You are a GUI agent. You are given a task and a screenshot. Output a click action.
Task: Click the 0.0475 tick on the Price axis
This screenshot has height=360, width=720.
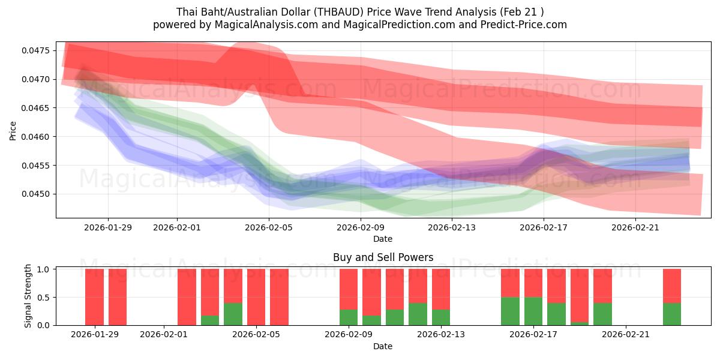click(x=38, y=50)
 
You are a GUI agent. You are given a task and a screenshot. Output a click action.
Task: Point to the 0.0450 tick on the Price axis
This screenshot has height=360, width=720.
click(x=38, y=194)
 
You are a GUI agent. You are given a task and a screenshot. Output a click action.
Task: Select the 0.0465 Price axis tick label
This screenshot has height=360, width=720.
click(x=38, y=108)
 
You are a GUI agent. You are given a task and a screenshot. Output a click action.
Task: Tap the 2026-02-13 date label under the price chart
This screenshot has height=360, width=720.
click(x=451, y=227)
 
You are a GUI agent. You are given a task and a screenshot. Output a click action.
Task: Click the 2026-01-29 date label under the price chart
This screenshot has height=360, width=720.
click(x=108, y=227)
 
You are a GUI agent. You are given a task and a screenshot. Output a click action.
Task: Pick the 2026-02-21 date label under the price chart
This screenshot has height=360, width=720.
click(x=635, y=227)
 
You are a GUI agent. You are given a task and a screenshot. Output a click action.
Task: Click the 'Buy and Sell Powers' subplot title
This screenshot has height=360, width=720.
click(x=383, y=257)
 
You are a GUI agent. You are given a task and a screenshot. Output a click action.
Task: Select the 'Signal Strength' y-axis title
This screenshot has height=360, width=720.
click(x=28, y=296)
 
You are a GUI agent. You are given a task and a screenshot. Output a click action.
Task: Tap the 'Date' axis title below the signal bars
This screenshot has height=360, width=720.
click(x=383, y=346)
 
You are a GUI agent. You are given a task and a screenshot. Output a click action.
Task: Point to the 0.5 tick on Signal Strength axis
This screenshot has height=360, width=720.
click(x=43, y=298)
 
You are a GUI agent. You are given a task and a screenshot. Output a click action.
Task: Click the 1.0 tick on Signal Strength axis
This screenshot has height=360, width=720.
click(x=43, y=269)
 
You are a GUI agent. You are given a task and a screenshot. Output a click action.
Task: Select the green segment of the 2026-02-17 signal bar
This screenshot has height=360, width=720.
click(x=533, y=311)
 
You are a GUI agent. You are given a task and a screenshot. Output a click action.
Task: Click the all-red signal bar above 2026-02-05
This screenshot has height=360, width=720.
click(x=256, y=297)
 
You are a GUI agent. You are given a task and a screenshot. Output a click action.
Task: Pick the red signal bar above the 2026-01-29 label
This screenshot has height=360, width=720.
click(x=94, y=297)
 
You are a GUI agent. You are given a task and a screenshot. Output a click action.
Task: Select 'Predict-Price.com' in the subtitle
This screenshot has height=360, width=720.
click(x=526, y=25)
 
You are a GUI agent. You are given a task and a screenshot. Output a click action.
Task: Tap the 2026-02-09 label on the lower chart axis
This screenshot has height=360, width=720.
click(x=348, y=335)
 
